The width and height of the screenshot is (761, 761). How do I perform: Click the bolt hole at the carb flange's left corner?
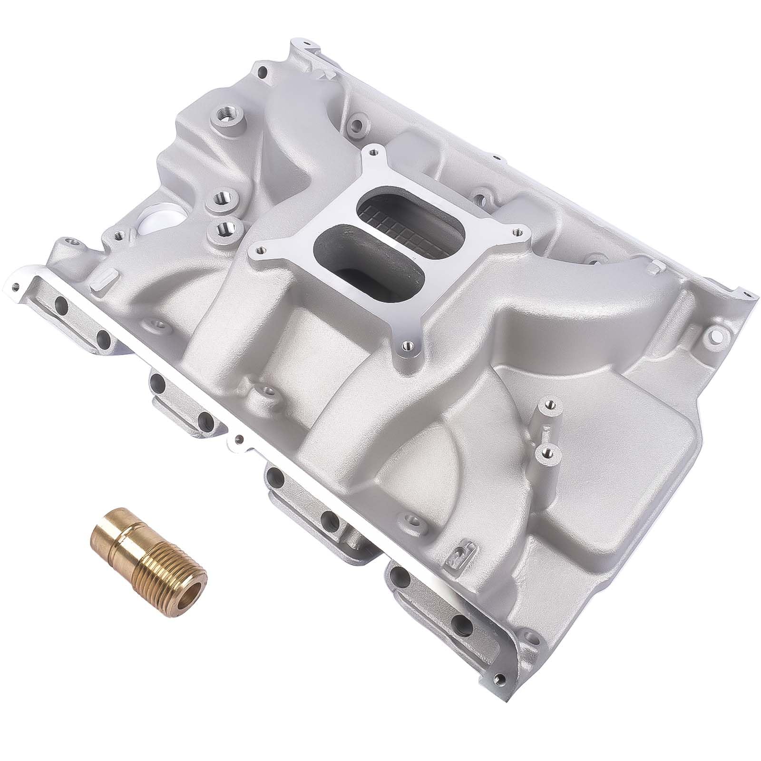(x=259, y=247)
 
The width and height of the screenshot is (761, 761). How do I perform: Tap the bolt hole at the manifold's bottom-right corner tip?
(x=499, y=679)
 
